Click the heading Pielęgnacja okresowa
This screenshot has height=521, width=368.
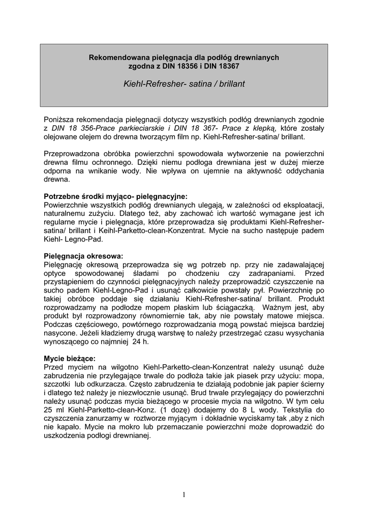point(83,255)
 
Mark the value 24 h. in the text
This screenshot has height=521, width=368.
point(140,342)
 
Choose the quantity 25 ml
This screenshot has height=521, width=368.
point(52,411)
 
